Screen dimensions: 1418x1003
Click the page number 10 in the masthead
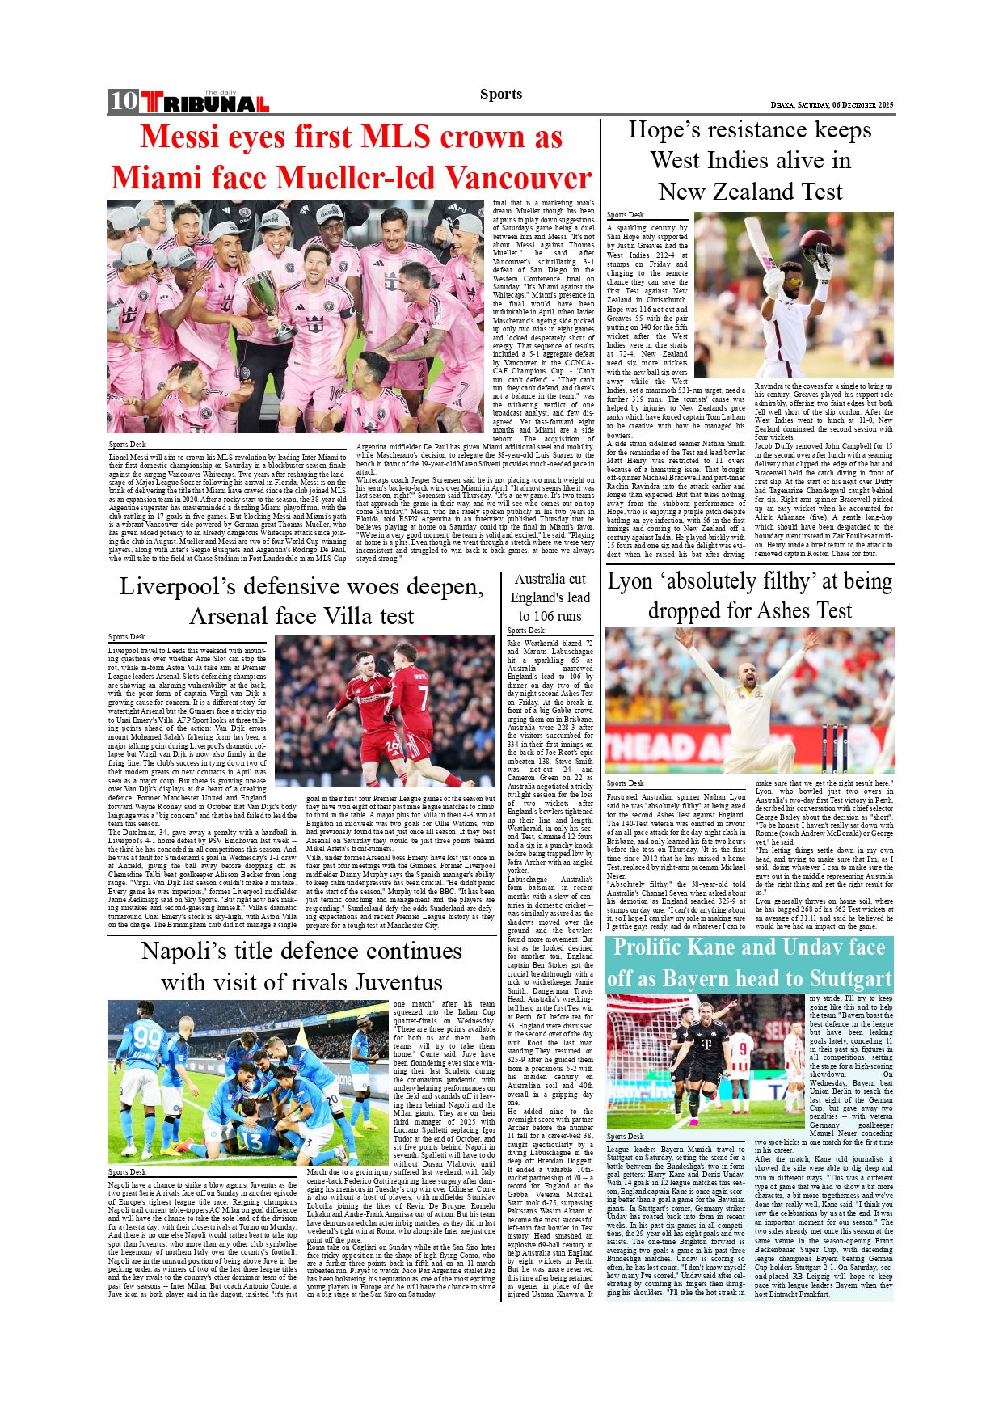tap(124, 101)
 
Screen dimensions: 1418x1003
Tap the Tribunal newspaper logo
tap(205, 103)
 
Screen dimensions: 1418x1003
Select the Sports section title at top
tap(501, 94)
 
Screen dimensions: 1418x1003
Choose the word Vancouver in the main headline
tap(518, 177)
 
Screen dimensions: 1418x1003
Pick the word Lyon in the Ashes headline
tap(630, 581)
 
